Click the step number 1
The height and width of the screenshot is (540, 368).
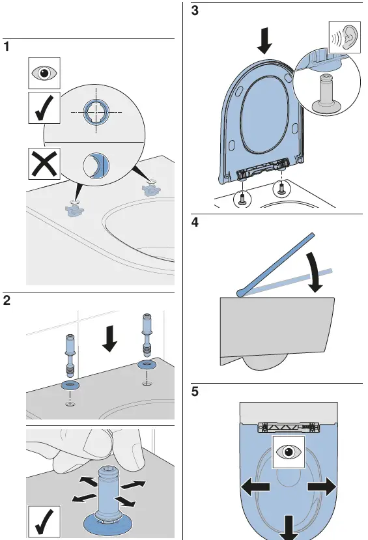[x=7, y=48]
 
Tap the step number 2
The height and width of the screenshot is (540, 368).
[x=7, y=301]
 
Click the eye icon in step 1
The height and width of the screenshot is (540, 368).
[x=44, y=73]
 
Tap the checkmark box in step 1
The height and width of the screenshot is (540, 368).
[x=44, y=107]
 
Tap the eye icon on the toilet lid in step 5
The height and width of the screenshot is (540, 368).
[x=288, y=451]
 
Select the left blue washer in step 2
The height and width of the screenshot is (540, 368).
[x=69, y=385]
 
